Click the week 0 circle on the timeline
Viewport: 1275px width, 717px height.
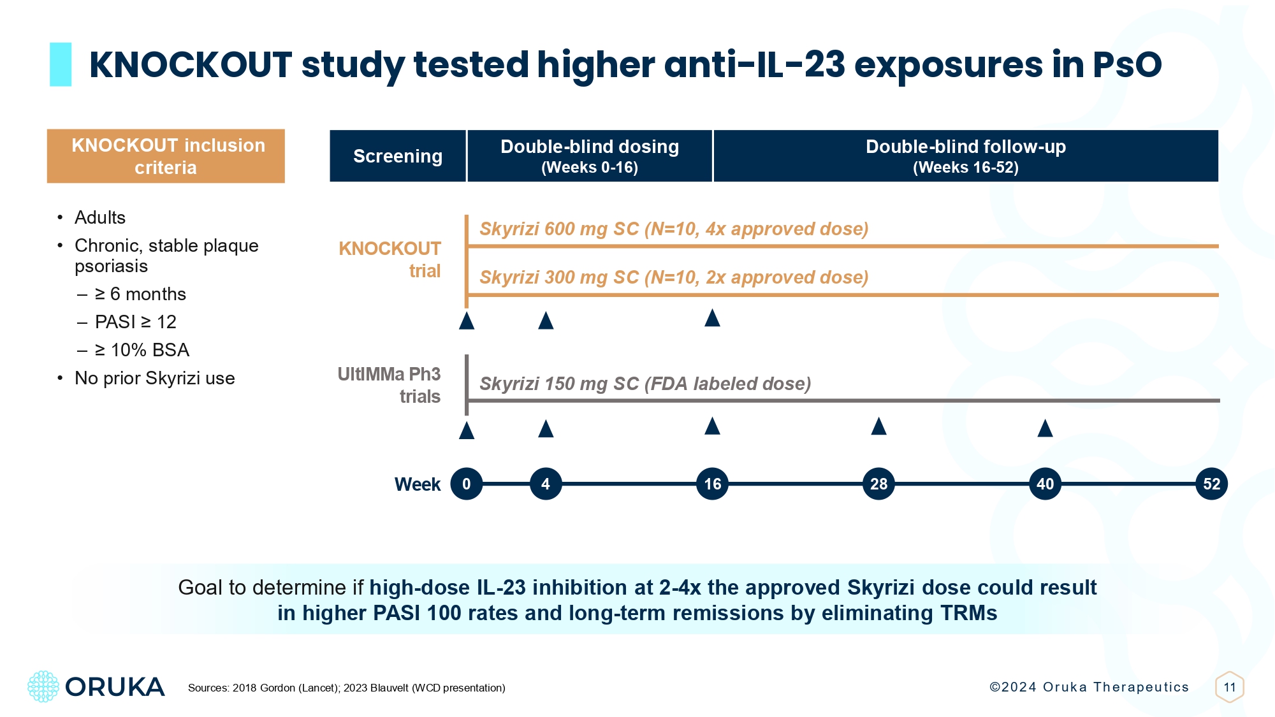pyautogui.click(x=466, y=484)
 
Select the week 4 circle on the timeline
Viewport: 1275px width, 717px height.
pyautogui.click(x=546, y=484)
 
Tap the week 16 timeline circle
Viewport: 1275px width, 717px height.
pyautogui.click(x=712, y=484)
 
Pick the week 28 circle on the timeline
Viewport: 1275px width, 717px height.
pyautogui.click(x=878, y=484)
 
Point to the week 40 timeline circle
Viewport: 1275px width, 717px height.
pyautogui.click(x=1045, y=484)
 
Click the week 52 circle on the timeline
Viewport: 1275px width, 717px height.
pyautogui.click(x=1211, y=484)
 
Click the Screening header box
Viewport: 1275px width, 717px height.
pyautogui.click(x=398, y=156)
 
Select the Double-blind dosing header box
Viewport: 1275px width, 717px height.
pyautogui.click(x=590, y=156)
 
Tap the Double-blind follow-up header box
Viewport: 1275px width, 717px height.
pyautogui.click(x=965, y=156)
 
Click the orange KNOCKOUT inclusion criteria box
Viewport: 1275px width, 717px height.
pyautogui.click(x=166, y=156)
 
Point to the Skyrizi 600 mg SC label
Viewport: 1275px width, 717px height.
pyautogui.click(x=673, y=229)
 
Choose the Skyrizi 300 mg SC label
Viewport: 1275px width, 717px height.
pyautogui.click(x=673, y=277)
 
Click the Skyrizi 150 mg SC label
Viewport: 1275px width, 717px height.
pyautogui.click(x=645, y=384)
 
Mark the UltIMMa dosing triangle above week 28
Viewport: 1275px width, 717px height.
pyautogui.click(x=878, y=426)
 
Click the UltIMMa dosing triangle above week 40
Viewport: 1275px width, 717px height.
pyautogui.click(x=1045, y=428)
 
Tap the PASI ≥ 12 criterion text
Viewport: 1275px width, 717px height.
pyautogui.click(x=135, y=322)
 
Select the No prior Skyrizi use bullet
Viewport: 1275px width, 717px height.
pyautogui.click(x=154, y=378)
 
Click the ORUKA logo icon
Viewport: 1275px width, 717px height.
pyautogui.click(x=43, y=686)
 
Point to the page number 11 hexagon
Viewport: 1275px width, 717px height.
pyautogui.click(x=1230, y=687)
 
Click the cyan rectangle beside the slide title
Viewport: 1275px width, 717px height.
pyautogui.click(x=61, y=64)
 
